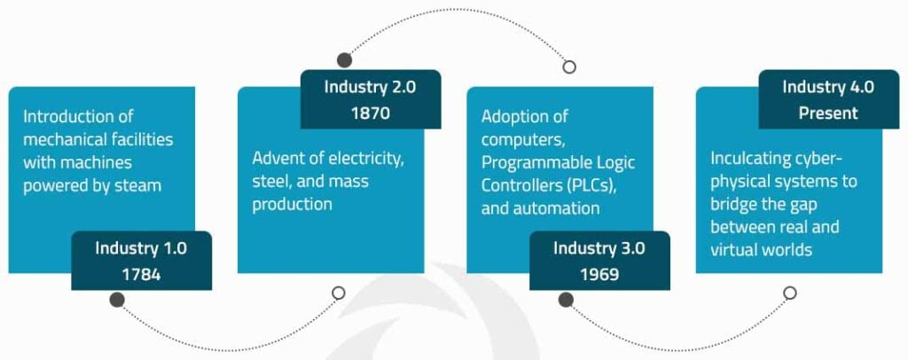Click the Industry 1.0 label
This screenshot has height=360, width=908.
point(141,248)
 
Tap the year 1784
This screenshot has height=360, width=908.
point(141,274)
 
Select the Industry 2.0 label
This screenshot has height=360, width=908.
point(370,87)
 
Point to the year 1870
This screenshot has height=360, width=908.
point(370,113)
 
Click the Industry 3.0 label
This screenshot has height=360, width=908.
point(599,248)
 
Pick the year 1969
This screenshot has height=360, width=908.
point(599,274)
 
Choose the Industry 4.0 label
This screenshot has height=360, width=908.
point(828,87)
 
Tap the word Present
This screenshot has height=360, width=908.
point(828,113)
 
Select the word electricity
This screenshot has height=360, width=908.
point(364,159)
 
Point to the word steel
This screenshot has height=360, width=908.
point(270,182)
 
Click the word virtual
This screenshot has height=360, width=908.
point(733,250)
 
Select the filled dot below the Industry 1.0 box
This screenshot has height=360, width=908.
point(116,300)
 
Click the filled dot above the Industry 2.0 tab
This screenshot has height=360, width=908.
point(344,60)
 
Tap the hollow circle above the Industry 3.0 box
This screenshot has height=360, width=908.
point(569,67)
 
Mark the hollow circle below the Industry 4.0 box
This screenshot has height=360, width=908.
point(789,293)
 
